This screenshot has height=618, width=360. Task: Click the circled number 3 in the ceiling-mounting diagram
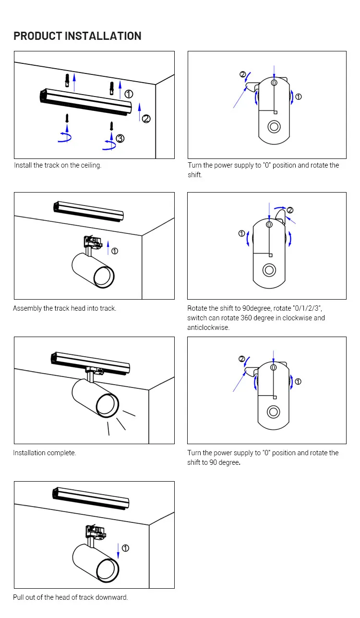tap(120, 138)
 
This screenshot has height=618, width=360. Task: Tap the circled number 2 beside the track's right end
tap(146, 119)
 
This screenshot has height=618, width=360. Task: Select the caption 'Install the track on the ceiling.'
tap(58, 165)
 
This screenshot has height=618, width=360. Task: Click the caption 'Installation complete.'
tap(45, 453)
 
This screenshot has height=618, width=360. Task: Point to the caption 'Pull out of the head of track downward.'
tap(71, 597)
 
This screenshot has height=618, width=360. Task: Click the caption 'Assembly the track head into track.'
tap(65, 308)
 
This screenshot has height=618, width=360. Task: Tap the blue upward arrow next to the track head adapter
tap(108, 245)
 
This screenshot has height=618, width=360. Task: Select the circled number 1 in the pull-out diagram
tap(126, 548)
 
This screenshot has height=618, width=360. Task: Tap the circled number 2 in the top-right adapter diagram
tap(243, 74)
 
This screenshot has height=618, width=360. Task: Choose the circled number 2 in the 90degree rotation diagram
tap(290, 210)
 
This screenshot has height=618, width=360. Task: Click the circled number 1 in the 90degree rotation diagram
tap(242, 233)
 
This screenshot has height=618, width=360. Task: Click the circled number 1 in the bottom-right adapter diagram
tap(298, 382)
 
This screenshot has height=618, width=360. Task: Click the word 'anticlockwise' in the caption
tap(208, 327)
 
